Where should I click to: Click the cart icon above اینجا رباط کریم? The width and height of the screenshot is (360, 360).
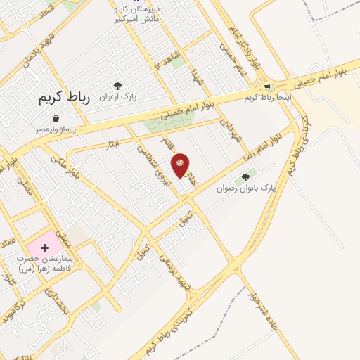click(x=267, y=88)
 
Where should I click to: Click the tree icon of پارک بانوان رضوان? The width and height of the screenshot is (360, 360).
click(x=245, y=177)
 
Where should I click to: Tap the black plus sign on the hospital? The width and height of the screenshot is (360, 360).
click(x=45, y=248)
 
